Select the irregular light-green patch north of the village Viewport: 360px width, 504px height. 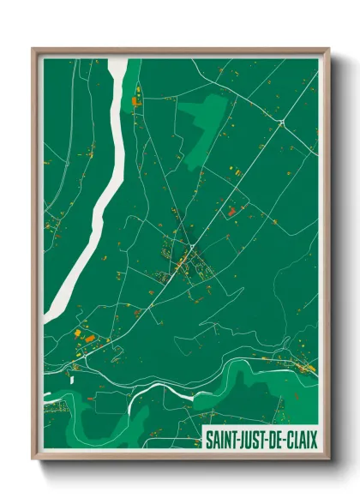(203, 119)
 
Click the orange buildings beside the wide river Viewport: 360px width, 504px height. (135, 101)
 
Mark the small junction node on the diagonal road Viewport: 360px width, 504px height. (281, 124)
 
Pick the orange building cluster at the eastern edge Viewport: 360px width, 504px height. (304, 367)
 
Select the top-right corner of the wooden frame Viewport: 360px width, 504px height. (327, 50)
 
